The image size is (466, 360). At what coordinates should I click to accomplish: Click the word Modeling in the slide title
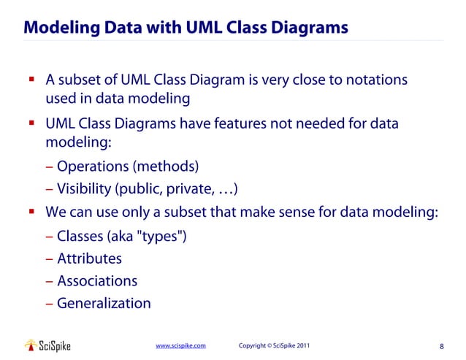point(58,28)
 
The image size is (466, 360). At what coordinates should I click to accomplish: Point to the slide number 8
point(442,346)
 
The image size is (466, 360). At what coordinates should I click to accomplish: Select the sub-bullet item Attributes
point(89,258)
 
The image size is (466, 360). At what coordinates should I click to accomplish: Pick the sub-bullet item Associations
point(96,280)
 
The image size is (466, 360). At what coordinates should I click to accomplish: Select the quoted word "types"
point(164,237)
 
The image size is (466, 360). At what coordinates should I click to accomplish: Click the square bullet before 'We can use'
point(32,212)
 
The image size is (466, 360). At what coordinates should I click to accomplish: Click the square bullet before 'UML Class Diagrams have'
point(32,124)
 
